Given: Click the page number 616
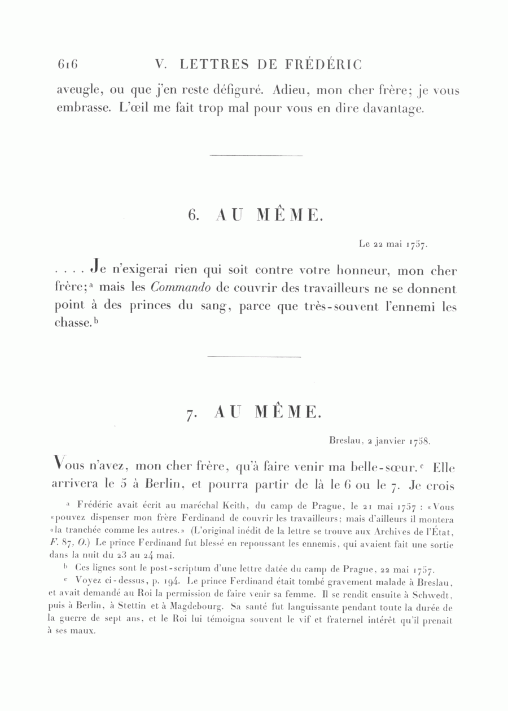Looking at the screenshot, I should (x=67, y=65).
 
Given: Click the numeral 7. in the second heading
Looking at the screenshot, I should (x=191, y=413).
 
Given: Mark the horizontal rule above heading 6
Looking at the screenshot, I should (x=256, y=155).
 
